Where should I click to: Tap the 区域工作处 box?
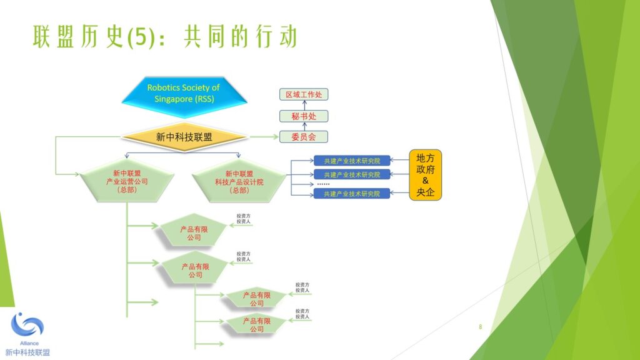click(303, 94)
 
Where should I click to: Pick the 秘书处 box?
click(303, 116)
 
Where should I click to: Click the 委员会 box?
click(303, 136)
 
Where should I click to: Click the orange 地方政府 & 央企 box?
click(426, 175)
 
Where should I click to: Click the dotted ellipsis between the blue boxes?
click(323, 184)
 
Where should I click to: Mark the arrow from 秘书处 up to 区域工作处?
click(303, 105)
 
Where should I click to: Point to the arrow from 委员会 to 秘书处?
click(303, 126)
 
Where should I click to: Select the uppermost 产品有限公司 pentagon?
click(194, 233)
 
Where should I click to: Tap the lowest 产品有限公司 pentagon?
click(257, 324)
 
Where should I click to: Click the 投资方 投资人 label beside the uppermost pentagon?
click(244, 219)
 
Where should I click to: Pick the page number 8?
click(480, 327)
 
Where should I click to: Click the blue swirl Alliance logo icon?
click(27, 325)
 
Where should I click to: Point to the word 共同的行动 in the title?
click(240, 37)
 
